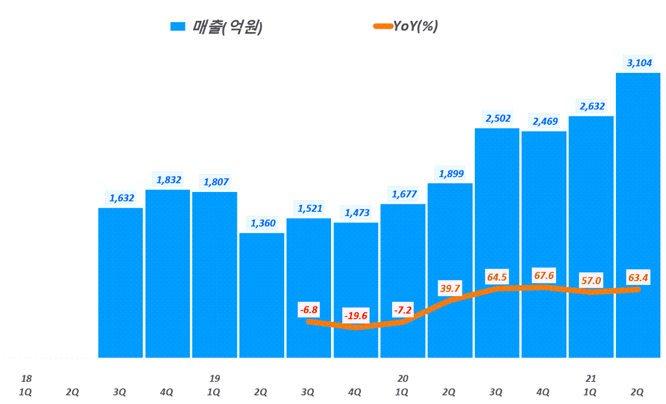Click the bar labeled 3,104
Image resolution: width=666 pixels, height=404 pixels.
coord(637,215)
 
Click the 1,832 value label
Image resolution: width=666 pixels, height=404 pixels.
coord(168,180)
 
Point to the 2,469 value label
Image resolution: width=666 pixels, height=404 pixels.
coord(544,121)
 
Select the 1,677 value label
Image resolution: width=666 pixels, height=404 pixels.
coord(403,193)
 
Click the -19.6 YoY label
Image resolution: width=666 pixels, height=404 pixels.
coord(356,316)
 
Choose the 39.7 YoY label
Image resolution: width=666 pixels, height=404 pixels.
coord(450,288)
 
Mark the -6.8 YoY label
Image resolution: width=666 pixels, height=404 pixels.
coord(309,310)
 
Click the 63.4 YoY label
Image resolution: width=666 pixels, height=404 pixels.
coord(638,278)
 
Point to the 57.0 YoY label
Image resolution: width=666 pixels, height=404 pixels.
coord(591,281)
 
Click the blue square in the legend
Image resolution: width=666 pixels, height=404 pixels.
coord(178,26)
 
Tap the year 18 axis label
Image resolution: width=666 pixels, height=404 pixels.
coord(26,379)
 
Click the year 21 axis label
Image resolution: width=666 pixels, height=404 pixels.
coord(591,379)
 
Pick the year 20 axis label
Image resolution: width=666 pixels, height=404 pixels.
coord(403,379)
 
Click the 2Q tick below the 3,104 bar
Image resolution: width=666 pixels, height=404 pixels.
coord(637,392)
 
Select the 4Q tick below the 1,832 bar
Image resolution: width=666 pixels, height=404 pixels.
coord(167,392)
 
